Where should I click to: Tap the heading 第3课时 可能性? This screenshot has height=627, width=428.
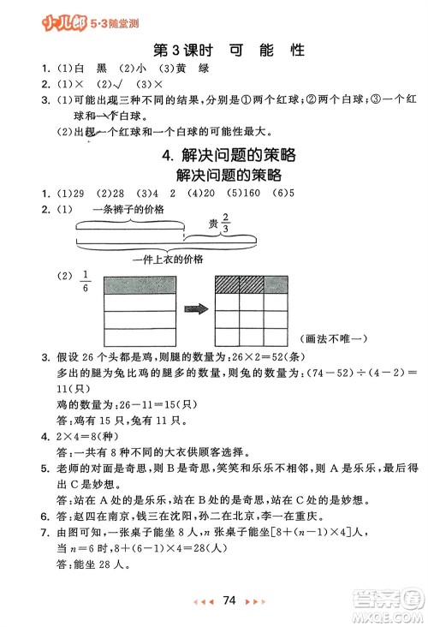point(228,51)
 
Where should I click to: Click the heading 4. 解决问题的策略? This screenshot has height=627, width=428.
point(229,155)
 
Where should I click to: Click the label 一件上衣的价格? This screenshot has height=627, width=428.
point(169,260)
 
